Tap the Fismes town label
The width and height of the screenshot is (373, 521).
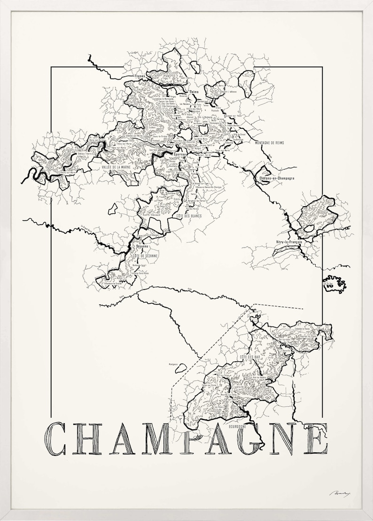[x=140, y=76]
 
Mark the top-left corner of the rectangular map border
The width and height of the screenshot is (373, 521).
[x=51, y=67]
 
